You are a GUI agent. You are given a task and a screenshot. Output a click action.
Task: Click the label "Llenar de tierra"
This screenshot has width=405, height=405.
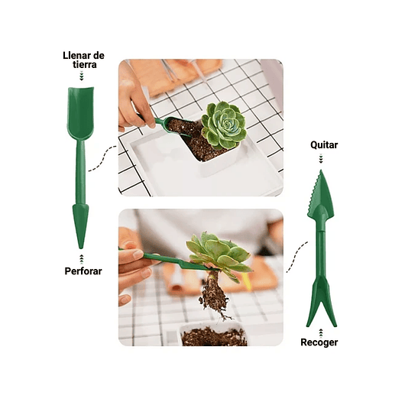click(83, 60)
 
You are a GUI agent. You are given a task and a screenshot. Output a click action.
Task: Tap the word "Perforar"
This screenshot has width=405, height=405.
click(83, 271)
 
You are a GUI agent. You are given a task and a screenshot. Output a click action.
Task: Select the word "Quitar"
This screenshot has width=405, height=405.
click(323, 144)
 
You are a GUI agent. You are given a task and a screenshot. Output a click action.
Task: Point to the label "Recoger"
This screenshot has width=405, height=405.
click(319, 342)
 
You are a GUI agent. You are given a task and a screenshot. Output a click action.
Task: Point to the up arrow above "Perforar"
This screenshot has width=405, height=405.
click(81, 258)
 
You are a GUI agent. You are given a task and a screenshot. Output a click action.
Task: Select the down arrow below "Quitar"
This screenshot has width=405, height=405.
click(322, 158)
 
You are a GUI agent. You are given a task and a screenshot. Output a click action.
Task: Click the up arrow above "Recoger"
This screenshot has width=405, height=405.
click(319, 329)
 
